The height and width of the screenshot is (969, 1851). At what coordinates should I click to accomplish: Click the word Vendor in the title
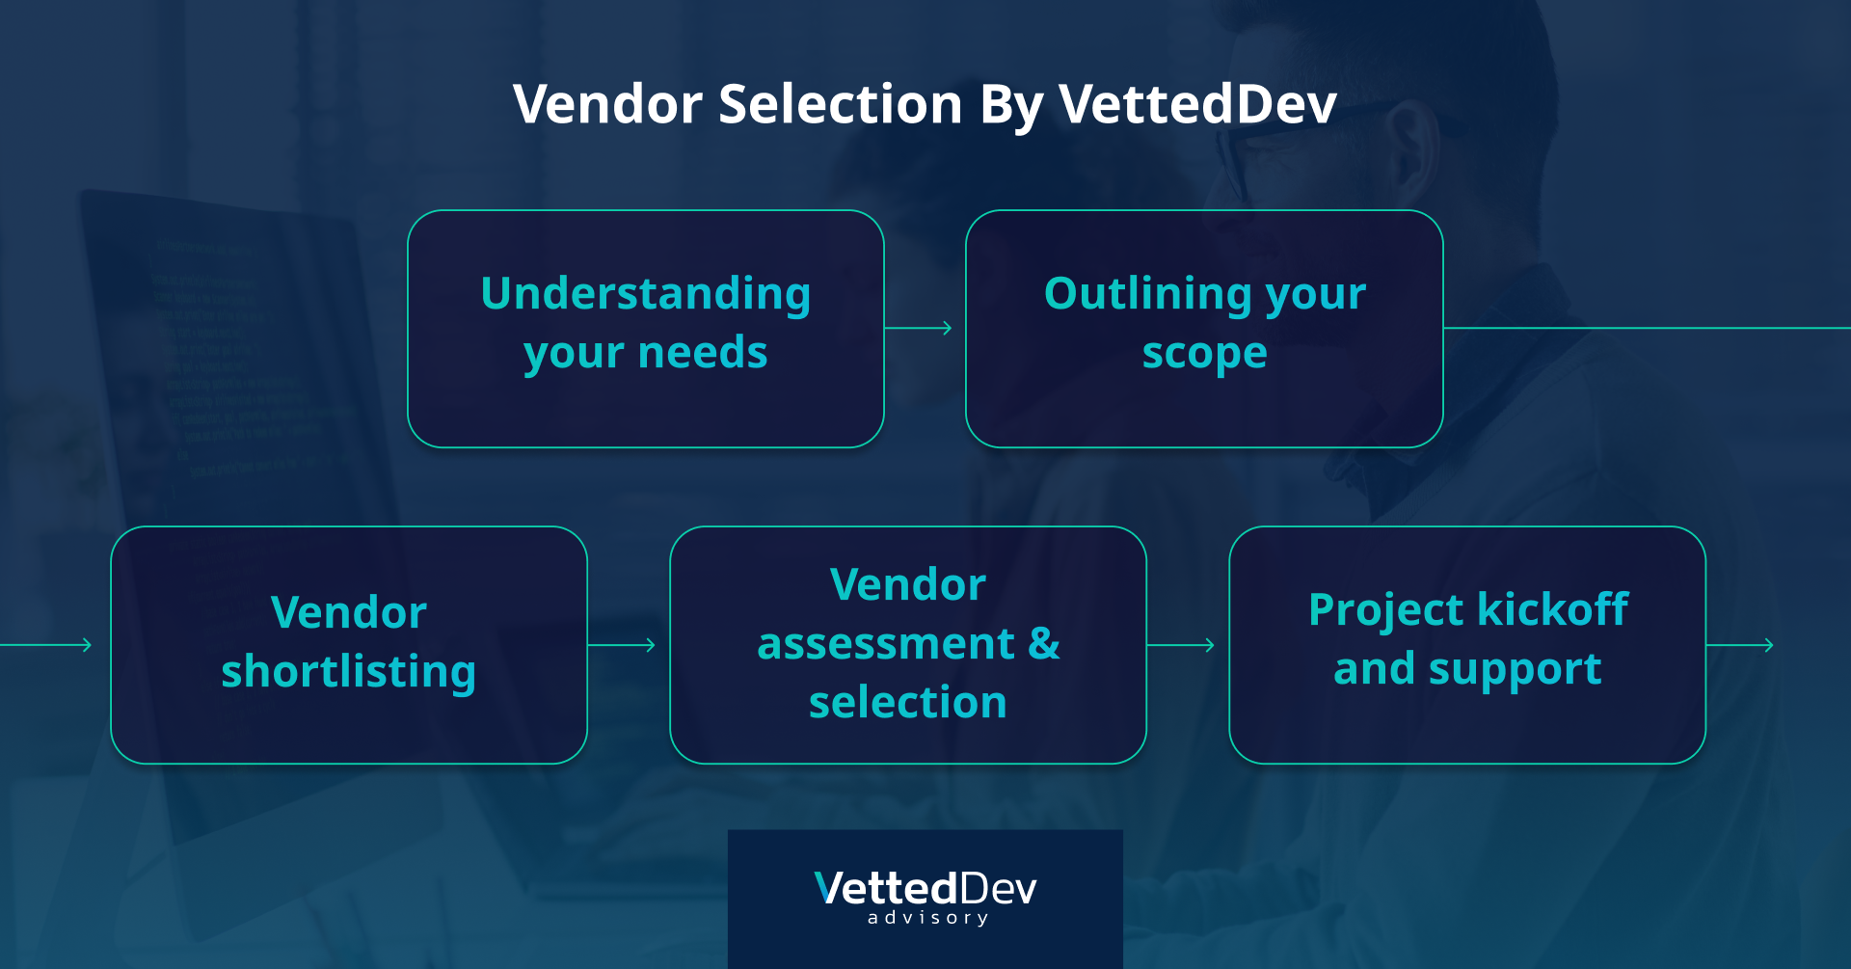pos(607,104)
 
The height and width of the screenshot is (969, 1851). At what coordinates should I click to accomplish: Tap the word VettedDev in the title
pos(1197,104)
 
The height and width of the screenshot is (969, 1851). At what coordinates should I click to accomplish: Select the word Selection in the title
pos(841,104)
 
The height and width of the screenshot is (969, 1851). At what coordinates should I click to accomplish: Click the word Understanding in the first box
pos(645,295)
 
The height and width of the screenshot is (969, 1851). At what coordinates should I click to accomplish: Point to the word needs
pos(703,353)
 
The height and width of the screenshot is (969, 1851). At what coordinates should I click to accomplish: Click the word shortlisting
pos(348,672)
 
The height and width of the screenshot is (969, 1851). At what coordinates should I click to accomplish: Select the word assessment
pos(886,644)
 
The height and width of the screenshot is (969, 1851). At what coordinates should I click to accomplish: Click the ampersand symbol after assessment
pos(1044,643)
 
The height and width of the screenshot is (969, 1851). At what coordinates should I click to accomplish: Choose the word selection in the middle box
pos(907,702)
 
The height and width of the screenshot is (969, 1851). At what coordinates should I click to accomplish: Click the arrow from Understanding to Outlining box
pos(919,328)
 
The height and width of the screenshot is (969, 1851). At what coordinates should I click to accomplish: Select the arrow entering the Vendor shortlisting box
pos(45,644)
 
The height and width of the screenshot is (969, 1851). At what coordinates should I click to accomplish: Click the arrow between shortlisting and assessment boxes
pos(622,644)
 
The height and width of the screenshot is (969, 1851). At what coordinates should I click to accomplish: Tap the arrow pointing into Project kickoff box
pos(1181,644)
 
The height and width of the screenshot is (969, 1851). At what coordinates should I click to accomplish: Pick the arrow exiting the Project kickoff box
pos(1740,644)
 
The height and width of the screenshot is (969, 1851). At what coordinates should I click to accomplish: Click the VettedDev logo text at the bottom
pos(925,888)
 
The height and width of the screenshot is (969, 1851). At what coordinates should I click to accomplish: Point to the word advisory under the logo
pos(927,918)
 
